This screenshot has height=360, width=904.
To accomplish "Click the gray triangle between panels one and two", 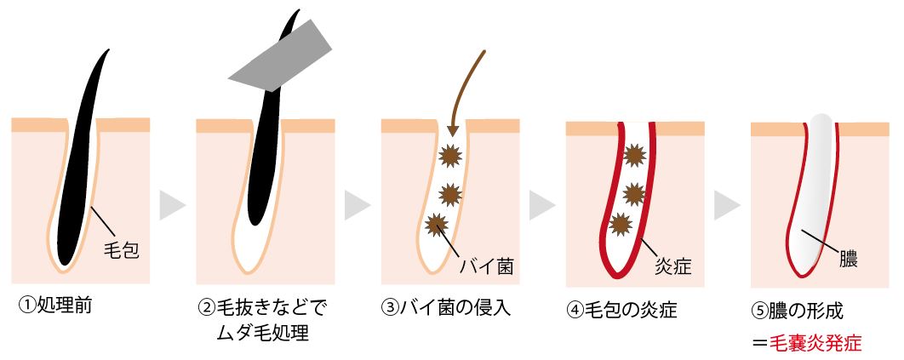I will pyautogui.click(x=172, y=204).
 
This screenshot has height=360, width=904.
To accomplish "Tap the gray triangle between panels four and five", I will pyautogui.click(x=726, y=204).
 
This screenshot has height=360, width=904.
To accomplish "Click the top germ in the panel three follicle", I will pyautogui.click(x=449, y=157).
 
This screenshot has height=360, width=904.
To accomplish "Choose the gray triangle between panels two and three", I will pyautogui.click(x=357, y=204).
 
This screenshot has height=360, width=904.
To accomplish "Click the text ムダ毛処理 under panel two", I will pyautogui.click(x=261, y=332).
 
